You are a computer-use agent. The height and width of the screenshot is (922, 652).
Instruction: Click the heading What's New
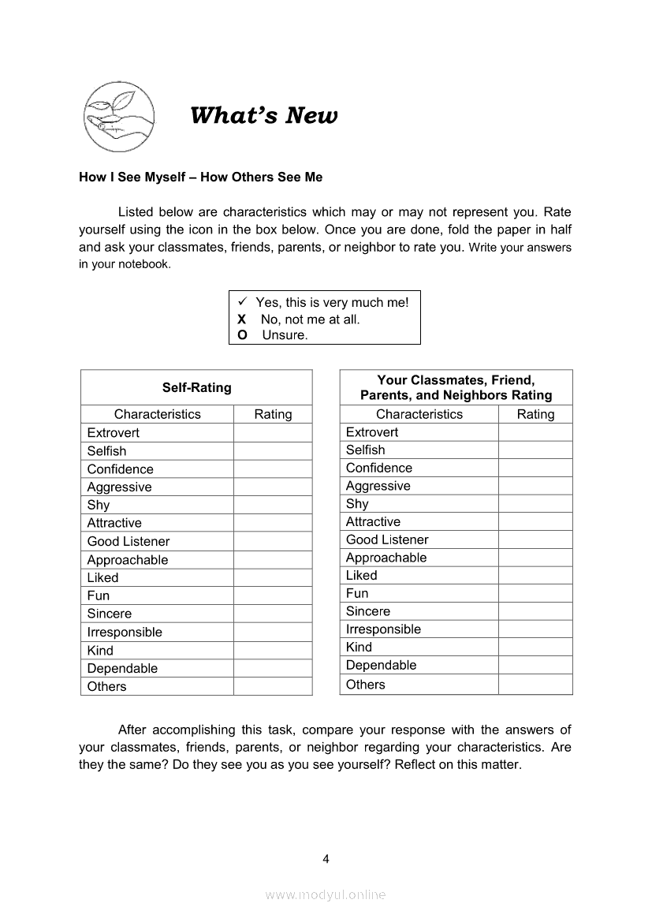click(263, 116)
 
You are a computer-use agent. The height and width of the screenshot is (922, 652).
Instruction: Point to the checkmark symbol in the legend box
click(243, 302)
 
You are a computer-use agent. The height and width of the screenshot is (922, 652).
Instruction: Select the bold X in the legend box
click(242, 319)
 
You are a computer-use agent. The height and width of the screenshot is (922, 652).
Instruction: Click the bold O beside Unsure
click(242, 335)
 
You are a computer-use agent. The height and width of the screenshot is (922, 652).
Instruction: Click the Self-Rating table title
click(196, 387)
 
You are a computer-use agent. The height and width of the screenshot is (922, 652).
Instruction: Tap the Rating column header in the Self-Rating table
click(273, 414)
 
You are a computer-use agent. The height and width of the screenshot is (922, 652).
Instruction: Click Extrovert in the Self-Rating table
click(114, 433)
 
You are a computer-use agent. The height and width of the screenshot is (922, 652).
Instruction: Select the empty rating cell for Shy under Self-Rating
click(273, 505)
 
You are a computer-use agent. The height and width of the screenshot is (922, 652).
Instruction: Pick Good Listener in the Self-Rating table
click(129, 541)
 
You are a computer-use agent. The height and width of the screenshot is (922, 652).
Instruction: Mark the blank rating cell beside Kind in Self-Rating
click(273, 651)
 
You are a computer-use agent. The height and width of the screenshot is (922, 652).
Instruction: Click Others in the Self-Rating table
click(106, 686)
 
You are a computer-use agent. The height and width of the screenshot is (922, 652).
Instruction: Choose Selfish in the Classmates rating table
click(366, 450)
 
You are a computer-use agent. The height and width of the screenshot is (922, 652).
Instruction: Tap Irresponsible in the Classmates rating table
click(383, 629)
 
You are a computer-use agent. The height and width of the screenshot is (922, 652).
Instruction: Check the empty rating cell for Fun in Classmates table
click(535, 593)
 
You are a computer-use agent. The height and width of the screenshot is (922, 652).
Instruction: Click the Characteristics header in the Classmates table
click(419, 414)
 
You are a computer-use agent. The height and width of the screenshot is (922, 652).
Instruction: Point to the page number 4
click(326, 859)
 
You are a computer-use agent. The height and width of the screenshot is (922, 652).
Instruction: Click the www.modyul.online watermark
click(326, 895)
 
